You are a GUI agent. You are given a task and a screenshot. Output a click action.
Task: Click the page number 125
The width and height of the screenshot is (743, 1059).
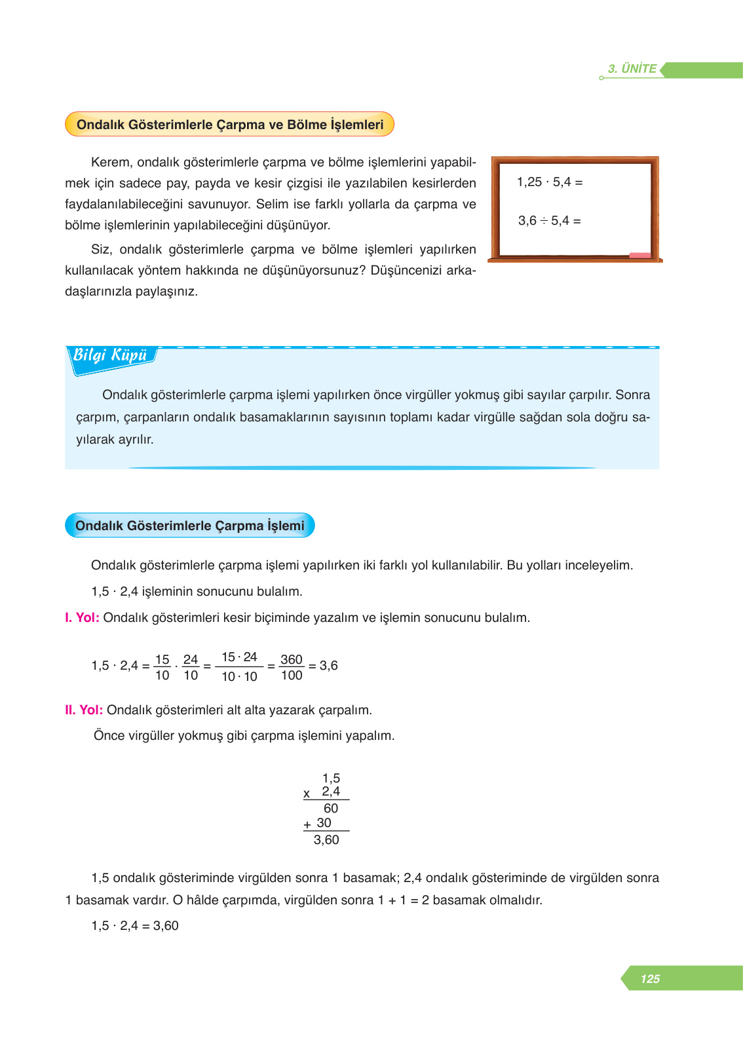point(650,978)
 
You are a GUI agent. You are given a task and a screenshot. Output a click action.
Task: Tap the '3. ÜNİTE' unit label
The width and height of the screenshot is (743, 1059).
point(632,69)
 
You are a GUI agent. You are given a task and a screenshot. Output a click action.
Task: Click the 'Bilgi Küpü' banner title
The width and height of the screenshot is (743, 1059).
point(110,355)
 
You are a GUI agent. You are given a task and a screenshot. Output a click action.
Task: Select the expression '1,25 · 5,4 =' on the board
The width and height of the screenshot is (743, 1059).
point(550,182)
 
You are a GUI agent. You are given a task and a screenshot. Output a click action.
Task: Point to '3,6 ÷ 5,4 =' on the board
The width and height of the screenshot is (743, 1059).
point(550,220)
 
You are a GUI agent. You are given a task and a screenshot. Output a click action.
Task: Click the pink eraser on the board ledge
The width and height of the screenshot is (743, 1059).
point(639,255)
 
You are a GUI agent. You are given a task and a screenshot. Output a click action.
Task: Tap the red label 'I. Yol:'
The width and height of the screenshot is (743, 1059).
point(82,617)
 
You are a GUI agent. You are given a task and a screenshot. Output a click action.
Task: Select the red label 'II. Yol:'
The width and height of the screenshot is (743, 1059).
point(84,710)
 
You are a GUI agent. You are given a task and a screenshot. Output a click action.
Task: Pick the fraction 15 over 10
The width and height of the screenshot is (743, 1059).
point(162,667)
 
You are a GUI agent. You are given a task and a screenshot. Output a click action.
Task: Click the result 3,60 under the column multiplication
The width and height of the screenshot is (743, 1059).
point(326,839)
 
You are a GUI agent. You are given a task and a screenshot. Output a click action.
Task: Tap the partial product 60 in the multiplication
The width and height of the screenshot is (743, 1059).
point(331,808)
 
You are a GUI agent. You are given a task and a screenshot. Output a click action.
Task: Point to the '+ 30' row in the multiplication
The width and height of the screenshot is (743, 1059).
point(318,823)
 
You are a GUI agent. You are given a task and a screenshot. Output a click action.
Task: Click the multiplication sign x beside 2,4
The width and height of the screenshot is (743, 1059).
point(307,794)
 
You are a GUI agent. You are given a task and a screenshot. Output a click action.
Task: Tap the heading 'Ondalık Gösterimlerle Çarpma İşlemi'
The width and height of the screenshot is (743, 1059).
point(190,526)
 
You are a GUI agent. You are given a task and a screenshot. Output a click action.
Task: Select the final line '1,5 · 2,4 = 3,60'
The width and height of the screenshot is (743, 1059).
point(135,925)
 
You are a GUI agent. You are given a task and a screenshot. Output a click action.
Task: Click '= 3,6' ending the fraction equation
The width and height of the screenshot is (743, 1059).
point(324,665)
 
